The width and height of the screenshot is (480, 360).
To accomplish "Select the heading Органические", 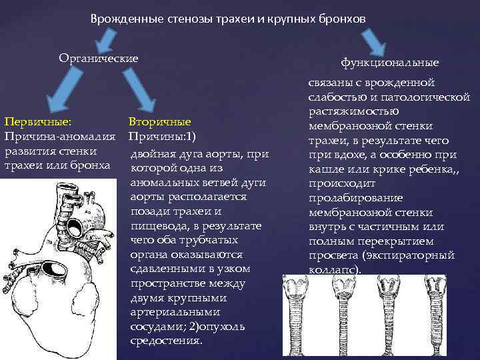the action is [x=99, y=58].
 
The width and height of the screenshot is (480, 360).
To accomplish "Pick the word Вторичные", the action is [x=159, y=122].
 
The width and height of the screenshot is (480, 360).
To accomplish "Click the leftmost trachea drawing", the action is [x=295, y=313].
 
